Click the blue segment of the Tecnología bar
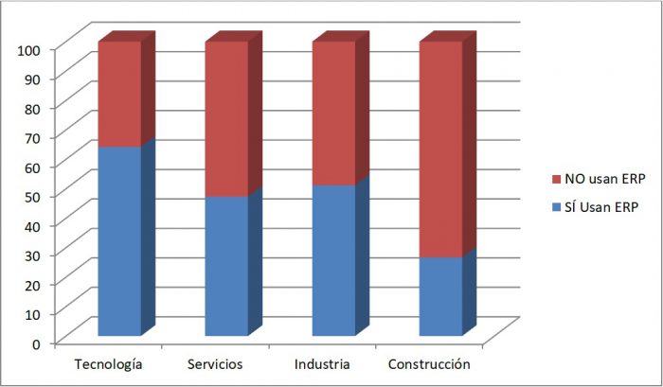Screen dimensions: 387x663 [x=118, y=241]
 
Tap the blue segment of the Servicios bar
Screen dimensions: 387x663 [x=225, y=266]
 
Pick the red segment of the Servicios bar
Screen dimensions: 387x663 [x=225, y=119]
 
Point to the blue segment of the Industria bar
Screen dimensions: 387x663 [x=333, y=260]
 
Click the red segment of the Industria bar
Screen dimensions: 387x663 [x=333, y=114]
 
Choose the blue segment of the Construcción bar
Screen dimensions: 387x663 [x=440, y=296]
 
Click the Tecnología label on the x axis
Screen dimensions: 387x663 [x=110, y=364]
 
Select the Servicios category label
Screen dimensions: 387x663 [x=216, y=364]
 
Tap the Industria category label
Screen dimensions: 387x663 [x=323, y=364]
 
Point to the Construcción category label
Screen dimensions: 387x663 [x=429, y=364]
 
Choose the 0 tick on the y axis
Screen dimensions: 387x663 [x=37, y=343]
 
